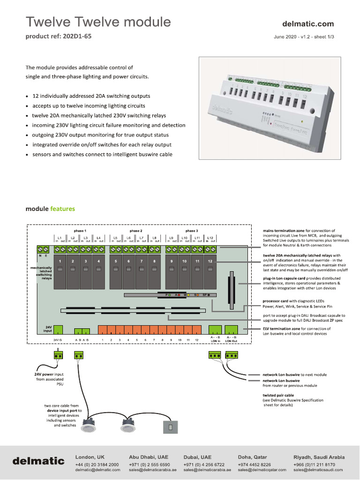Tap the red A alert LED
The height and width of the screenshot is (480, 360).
coord(180,295)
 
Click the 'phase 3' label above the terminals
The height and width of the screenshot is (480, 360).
coord(191,231)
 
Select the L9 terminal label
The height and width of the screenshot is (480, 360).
coord(172,238)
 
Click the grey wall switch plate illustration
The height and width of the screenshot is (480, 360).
coord(171,427)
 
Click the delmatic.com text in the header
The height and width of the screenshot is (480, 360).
coord(308,23)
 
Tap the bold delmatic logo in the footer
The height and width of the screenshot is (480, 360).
coord(38,461)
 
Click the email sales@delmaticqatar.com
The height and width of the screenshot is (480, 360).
coord(262,470)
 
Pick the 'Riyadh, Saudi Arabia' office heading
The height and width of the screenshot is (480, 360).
coord(319,457)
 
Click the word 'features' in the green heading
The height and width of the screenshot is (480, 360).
coord(62,209)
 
